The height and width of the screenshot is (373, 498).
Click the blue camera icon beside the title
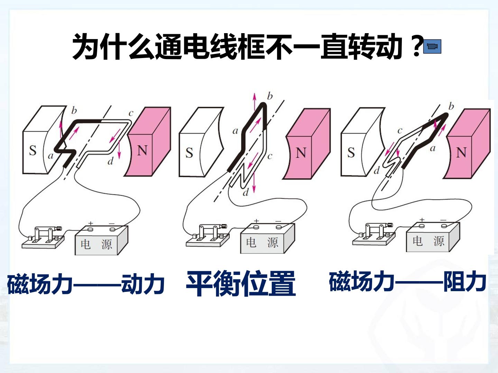pyautogui.click(x=432, y=46)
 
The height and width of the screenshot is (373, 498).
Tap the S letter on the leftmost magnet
pyautogui.click(x=33, y=150)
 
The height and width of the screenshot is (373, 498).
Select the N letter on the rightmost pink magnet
pyautogui.click(x=461, y=152)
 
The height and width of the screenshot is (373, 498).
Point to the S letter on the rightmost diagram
pyautogui.click(x=351, y=152)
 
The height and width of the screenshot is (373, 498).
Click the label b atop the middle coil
pyautogui.click(x=270, y=96)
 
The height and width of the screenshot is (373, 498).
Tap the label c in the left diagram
pyautogui.click(x=131, y=113)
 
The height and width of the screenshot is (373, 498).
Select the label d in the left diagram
pyautogui.click(x=110, y=161)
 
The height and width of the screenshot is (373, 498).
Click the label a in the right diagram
pyautogui.click(x=433, y=149)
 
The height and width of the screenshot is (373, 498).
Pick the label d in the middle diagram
pyautogui.click(x=246, y=192)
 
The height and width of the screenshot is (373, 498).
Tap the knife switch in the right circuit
pyautogui.click(x=374, y=235)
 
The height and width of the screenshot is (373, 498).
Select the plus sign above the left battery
pyautogui.click(x=91, y=223)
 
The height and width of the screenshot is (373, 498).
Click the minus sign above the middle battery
pyautogui.click(x=278, y=221)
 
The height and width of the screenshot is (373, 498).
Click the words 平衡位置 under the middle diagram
pyautogui.click(x=241, y=283)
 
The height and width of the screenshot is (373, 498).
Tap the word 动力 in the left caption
pyautogui.click(x=143, y=284)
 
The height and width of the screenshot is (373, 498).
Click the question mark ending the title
pyautogui.click(x=417, y=46)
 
